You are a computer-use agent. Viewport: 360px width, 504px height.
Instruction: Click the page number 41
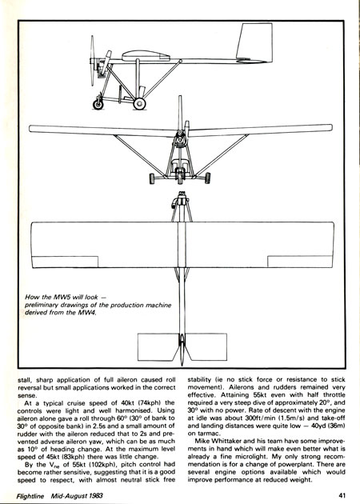click(342, 495)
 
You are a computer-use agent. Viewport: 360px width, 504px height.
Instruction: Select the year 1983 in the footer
click(95, 495)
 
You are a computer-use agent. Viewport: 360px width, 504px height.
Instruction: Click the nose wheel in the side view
click(98, 105)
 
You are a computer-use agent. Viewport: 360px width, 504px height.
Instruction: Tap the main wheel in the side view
click(139, 103)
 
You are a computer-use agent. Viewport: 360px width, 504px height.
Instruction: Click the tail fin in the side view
click(254, 42)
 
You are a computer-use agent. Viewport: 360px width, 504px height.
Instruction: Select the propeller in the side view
click(92, 61)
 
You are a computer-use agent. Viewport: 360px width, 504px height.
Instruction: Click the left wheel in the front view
click(152, 178)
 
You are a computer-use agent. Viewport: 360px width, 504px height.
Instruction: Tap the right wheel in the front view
click(207, 178)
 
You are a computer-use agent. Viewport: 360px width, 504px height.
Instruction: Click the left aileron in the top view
click(65, 262)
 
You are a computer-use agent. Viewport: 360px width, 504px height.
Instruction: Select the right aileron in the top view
click(300, 262)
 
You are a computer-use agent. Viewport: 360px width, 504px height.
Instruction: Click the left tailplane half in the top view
click(157, 347)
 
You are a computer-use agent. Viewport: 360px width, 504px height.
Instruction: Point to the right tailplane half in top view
click(206, 347)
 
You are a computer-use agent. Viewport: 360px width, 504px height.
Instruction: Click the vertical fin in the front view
click(180, 113)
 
